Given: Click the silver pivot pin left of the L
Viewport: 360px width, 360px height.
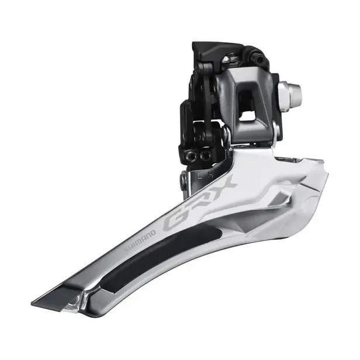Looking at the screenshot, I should click(185, 178).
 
